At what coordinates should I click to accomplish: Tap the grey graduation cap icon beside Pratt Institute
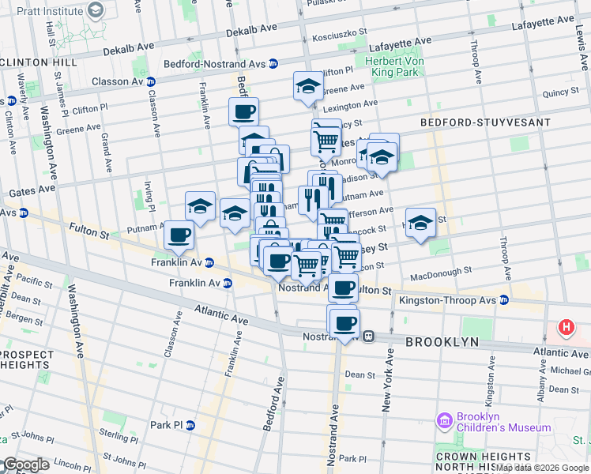click(96, 10)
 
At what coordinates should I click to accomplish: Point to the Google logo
click(25, 465)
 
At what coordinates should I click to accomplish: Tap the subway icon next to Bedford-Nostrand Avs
click(273, 64)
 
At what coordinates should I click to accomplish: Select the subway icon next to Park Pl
click(190, 425)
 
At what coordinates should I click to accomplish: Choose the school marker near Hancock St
click(420, 222)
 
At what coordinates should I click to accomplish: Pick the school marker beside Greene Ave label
click(307, 86)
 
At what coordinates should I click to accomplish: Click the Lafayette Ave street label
click(405, 41)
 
